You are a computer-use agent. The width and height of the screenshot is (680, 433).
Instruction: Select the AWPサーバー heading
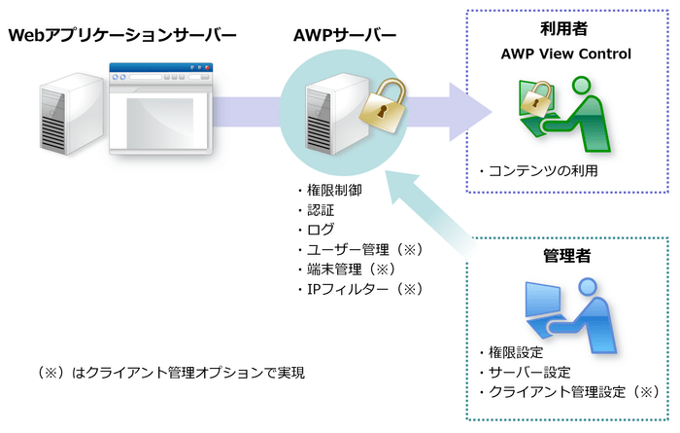(344, 36)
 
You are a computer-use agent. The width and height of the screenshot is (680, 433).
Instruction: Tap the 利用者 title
(565, 29)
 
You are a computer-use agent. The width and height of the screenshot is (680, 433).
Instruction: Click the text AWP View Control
(565, 54)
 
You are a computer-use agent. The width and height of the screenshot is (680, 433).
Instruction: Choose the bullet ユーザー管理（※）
(349, 249)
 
